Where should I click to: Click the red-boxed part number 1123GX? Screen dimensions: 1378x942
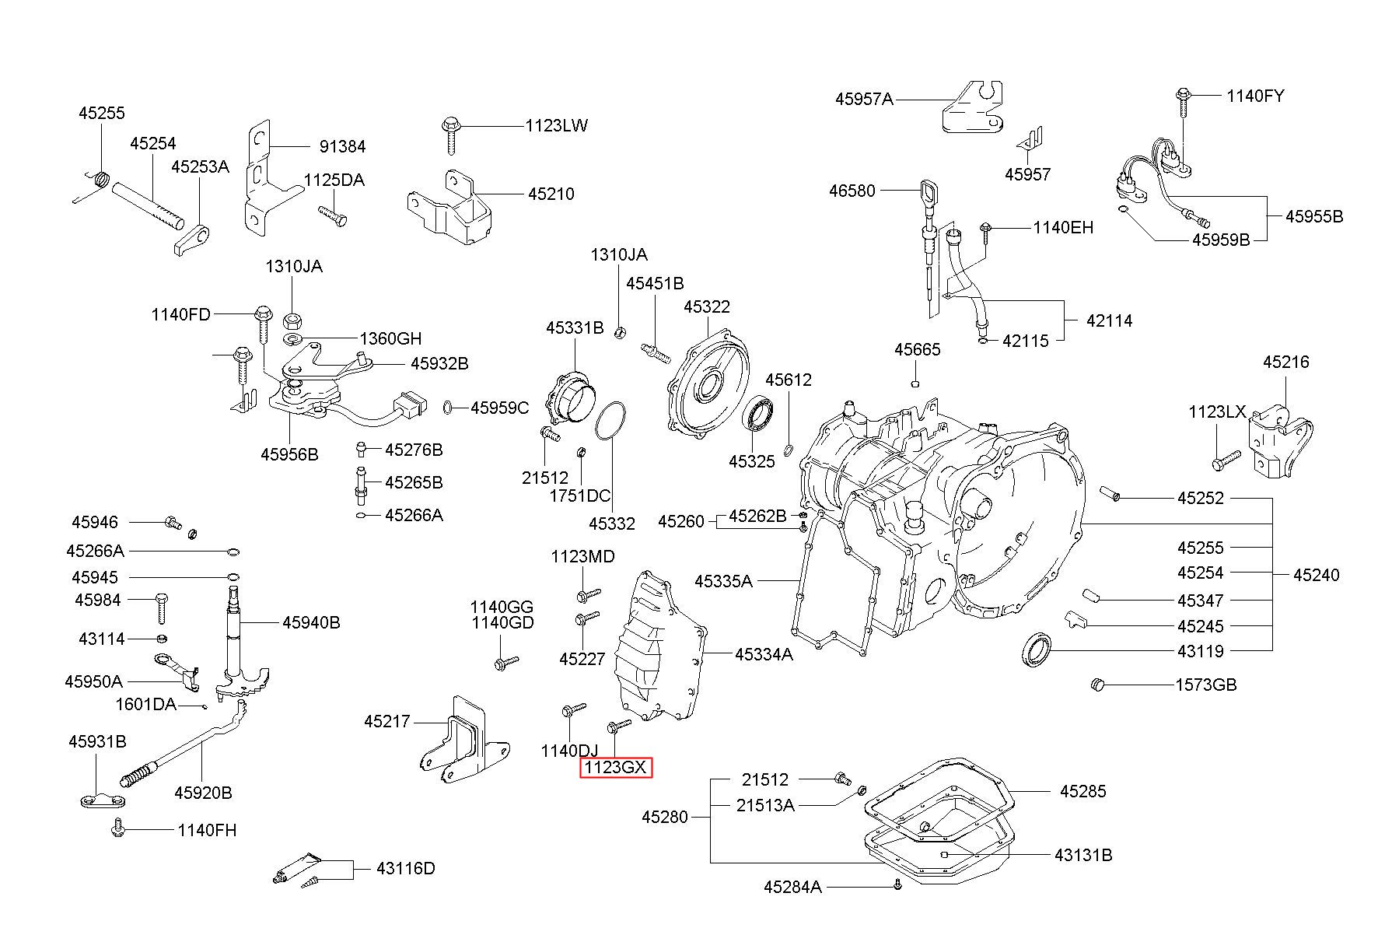click(615, 767)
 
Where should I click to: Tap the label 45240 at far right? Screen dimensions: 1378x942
click(1317, 575)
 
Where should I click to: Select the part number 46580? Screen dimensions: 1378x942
click(852, 191)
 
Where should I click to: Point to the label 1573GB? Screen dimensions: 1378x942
click(1205, 685)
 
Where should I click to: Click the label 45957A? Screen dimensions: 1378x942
click(864, 99)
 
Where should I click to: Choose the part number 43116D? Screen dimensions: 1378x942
click(406, 868)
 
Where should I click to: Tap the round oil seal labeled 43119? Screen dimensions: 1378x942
click(1036, 650)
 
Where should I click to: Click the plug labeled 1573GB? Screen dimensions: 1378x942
click(1098, 685)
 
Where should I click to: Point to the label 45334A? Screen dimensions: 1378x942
click(764, 654)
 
